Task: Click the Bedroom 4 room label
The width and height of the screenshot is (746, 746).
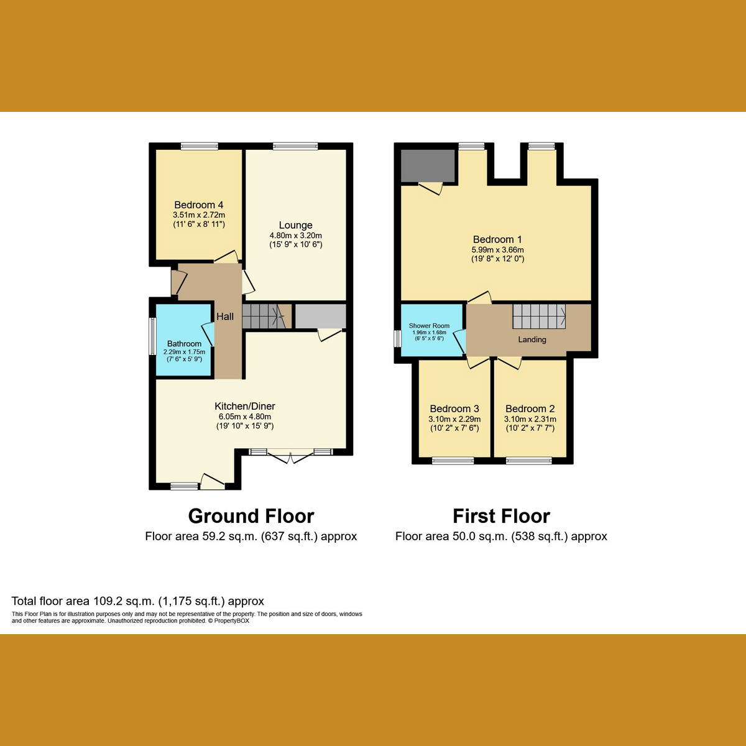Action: [x=198, y=205]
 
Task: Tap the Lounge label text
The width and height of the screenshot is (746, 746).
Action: [x=295, y=226]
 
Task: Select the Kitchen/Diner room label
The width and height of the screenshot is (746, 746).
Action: [x=245, y=407]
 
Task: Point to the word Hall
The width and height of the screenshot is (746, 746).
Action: [x=225, y=317]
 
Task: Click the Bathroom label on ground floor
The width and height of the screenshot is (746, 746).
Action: [x=184, y=344]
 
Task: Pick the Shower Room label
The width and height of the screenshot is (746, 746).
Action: [x=429, y=326]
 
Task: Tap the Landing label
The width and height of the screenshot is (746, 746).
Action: [x=532, y=339]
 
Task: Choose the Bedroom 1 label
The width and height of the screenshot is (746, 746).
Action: [x=497, y=239]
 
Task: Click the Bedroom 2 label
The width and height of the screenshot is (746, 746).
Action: [x=530, y=409]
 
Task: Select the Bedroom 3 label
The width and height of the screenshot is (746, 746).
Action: [x=454, y=409]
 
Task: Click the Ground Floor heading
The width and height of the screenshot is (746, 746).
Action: [x=251, y=516]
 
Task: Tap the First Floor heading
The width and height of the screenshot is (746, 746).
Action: [x=501, y=516]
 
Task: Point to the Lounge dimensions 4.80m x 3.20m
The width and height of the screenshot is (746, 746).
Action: [x=295, y=236]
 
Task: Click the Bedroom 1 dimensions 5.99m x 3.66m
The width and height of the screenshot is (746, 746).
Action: [x=497, y=250]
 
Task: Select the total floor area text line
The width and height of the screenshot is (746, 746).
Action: [x=138, y=601]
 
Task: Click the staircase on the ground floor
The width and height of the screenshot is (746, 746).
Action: [x=266, y=316]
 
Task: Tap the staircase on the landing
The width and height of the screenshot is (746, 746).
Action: [x=539, y=316]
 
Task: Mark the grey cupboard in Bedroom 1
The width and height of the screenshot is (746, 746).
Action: [x=428, y=165]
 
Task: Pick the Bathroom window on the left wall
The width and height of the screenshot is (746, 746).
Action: [x=152, y=336]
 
